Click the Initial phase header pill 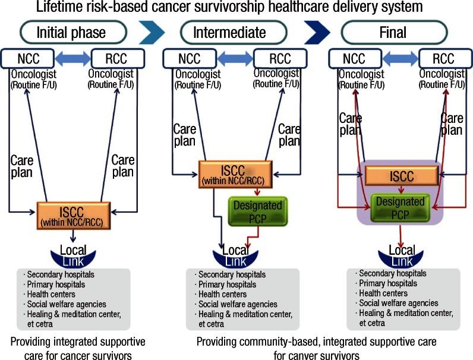tap(72, 32)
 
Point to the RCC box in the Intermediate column tap(279, 58)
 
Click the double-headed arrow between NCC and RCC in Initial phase tap(73, 58)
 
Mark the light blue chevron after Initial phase tap(152, 33)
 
